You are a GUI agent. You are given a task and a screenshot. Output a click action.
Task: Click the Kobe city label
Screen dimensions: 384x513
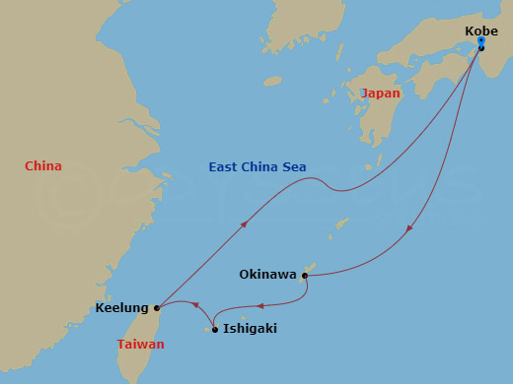pyautogui.click(x=481, y=31)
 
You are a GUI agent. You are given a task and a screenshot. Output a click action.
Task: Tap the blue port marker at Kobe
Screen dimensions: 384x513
pyautogui.click(x=480, y=41)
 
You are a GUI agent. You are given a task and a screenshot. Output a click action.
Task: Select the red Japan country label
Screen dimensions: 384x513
pyautogui.click(x=381, y=94)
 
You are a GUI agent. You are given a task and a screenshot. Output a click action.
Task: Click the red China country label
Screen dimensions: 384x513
pyautogui.click(x=43, y=166)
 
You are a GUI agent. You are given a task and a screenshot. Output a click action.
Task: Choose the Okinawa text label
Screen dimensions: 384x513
pyautogui.click(x=267, y=275)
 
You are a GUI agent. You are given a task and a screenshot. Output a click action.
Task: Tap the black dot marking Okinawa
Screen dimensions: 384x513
pyautogui.click(x=305, y=276)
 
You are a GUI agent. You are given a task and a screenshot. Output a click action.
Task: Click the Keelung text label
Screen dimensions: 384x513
pyautogui.click(x=121, y=307)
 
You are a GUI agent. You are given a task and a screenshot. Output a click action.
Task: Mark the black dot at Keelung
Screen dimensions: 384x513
pyautogui.click(x=157, y=307)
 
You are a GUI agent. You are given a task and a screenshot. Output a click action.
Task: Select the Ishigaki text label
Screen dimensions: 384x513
pyautogui.click(x=250, y=329)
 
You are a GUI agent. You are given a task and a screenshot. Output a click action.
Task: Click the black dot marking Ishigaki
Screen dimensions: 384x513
pyautogui.click(x=215, y=329)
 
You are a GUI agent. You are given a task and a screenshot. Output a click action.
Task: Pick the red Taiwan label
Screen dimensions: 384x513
pyautogui.click(x=140, y=345)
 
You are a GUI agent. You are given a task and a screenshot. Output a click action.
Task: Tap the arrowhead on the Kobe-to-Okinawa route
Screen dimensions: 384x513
pyautogui.click(x=409, y=230)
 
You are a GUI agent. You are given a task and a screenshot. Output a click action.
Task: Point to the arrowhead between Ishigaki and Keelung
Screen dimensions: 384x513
pyautogui.click(x=194, y=304)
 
